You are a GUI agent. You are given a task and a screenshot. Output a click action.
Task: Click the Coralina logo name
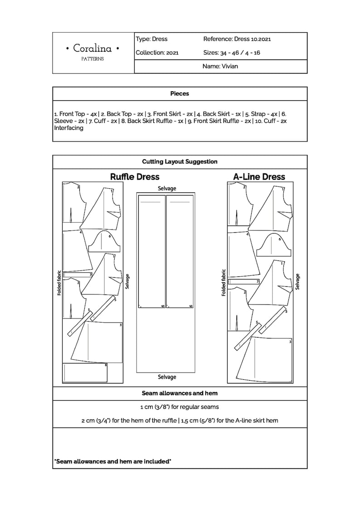point(93,48)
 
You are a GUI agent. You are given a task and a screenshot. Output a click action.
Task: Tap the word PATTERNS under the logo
point(92,59)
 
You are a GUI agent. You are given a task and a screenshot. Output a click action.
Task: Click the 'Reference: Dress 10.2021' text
point(237,39)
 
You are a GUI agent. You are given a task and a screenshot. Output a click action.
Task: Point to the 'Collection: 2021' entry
point(157,53)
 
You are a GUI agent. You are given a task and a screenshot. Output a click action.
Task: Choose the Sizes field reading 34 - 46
point(231,53)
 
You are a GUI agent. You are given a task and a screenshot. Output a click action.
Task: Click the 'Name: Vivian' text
point(220,66)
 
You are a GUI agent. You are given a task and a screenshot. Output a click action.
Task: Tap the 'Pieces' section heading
point(180,93)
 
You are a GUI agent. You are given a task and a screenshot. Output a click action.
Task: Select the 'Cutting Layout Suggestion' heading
point(180,162)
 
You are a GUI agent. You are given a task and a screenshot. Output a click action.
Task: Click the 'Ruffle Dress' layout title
point(135,177)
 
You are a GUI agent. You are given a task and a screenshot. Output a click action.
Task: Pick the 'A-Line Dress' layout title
point(259,177)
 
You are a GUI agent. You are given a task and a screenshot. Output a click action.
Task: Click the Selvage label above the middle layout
point(167,188)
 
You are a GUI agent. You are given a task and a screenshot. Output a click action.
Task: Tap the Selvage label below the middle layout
point(167,377)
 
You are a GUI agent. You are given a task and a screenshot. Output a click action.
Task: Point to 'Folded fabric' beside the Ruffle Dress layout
point(59,283)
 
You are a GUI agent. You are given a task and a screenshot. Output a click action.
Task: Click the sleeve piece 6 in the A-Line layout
point(272,245)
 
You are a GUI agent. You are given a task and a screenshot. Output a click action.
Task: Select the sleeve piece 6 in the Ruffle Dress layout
point(104,243)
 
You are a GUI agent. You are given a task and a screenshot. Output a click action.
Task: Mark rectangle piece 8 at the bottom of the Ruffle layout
point(85,373)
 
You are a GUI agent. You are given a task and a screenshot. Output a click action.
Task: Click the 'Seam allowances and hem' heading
point(180,393)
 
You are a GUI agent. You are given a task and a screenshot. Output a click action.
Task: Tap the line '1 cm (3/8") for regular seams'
point(180,407)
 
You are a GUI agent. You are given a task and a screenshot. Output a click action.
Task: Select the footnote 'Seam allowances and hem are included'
point(112,461)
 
